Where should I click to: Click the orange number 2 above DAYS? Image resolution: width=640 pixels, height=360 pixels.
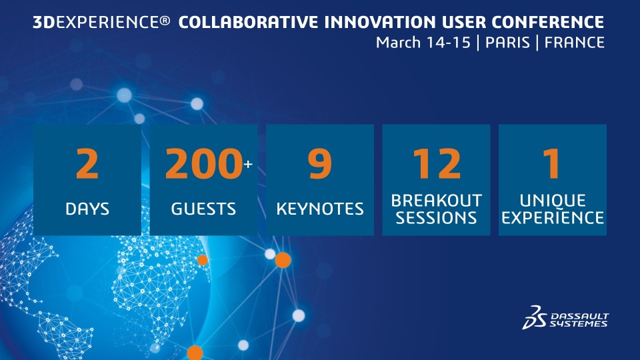click(x=87, y=163)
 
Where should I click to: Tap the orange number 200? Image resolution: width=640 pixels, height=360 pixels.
click(x=204, y=163)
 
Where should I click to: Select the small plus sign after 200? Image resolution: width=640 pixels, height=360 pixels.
click(x=248, y=164)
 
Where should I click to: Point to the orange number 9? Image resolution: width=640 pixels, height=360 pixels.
click(x=319, y=163)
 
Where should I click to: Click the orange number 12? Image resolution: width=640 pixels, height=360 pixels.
click(x=437, y=163)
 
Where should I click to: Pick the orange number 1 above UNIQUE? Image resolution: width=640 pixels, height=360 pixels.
click(x=551, y=163)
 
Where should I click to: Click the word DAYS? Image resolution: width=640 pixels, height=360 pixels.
click(x=87, y=209)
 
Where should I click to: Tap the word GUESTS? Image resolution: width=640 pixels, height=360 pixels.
click(x=203, y=209)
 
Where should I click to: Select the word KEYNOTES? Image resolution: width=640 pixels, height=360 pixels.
click(x=319, y=209)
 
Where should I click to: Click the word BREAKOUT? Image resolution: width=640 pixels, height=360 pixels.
click(x=436, y=201)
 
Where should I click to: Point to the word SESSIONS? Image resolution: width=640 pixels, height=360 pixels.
click(x=436, y=217)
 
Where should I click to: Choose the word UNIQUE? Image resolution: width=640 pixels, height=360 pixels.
click(x=553, y=201)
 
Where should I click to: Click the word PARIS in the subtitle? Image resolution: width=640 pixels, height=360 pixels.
click(x=507, y=43)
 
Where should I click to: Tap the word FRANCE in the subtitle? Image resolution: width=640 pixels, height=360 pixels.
click(x=574, y=43)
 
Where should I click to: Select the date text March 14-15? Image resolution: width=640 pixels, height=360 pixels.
click(x=423, y=43)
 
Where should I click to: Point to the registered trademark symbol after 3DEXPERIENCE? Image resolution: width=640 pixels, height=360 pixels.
click(x=165, y=20)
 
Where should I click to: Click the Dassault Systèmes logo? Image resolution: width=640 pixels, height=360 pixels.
click(x=565, y=317)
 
